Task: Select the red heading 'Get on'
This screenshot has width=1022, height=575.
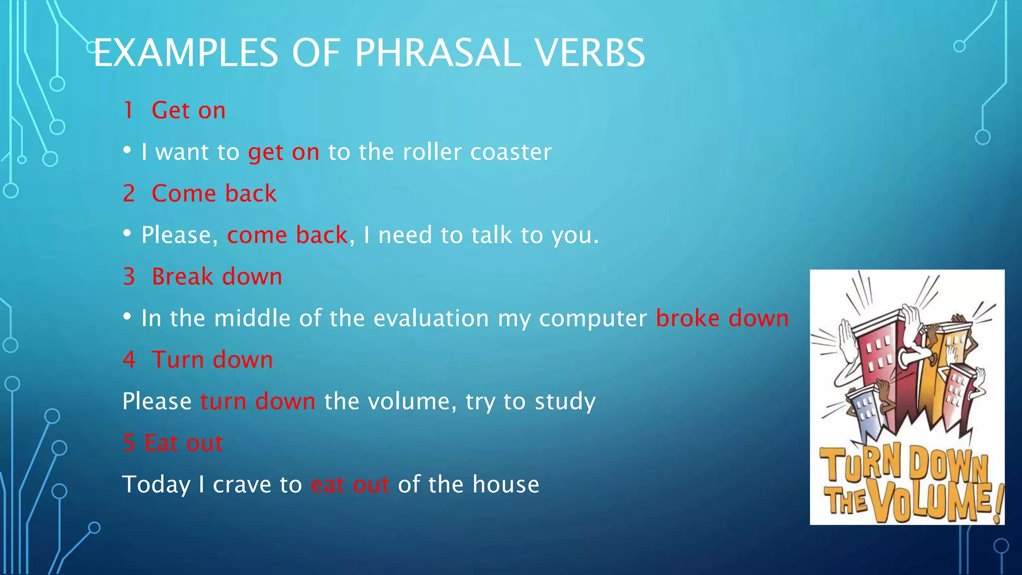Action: point(188,110)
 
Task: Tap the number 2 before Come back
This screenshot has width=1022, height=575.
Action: point(129,194)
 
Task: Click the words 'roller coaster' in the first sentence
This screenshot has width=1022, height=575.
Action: point(477,152)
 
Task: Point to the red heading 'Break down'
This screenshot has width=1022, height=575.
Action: point(217,277)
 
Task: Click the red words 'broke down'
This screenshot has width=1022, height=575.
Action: point(722,318)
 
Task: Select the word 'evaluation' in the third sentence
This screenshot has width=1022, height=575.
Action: point(431,318)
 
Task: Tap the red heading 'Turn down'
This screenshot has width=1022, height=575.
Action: point(212,360)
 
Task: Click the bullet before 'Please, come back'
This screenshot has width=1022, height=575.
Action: point(127,233)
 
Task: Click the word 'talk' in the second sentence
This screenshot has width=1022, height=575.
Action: point(492,235)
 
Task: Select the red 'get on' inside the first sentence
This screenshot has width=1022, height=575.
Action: point(283,152)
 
